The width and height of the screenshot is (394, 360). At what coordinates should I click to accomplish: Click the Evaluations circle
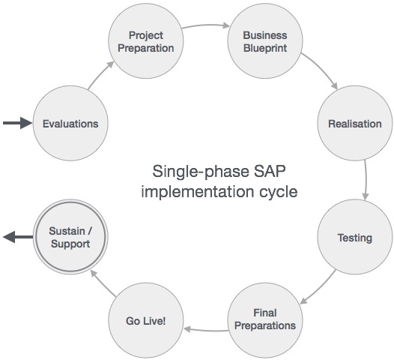(x=70, y=123)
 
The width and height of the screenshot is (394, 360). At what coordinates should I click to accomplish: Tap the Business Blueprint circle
(x=264, y=42)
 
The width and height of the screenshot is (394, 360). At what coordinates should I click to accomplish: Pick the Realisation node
(x=354, y=124)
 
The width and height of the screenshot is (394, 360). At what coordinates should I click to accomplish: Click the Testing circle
(x=354, y=238)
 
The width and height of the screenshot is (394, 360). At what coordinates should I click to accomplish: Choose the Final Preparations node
(x=264, y=319)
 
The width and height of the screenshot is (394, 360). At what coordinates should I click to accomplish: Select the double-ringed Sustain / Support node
(x=70, y=238)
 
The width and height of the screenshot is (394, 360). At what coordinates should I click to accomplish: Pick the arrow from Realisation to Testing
(x=366, y=181)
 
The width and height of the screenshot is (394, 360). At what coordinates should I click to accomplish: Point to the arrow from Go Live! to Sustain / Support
(x=100, y=284)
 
